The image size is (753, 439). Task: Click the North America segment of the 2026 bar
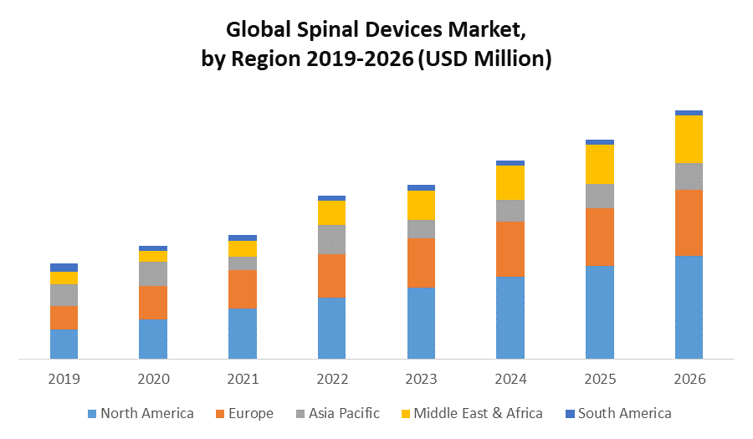tap(689, 307)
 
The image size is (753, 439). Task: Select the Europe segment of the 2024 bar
tap(510, 249)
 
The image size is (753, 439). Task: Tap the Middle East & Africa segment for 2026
tap(689, 139)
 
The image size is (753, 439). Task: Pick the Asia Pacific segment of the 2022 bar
tap(331, 239)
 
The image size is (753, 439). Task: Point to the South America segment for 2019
tap(64, 268)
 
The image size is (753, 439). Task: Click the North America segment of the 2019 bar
tap(64, 344)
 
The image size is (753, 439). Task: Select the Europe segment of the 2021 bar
tap(243, 289)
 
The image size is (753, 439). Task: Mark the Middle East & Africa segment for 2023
tap(421, 205)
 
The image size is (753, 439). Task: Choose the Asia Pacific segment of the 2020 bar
tap(153, 273)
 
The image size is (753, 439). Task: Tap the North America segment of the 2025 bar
tap(600, 312)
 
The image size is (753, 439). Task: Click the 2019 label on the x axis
tap(64, 379)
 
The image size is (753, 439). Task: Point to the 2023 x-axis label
tap(421, 379)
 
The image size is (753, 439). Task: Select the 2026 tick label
tap(689, 379)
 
